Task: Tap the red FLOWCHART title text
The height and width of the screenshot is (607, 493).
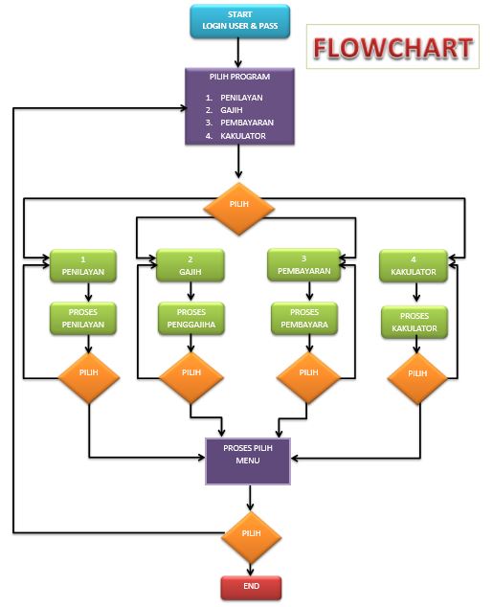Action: [x=392, y=48]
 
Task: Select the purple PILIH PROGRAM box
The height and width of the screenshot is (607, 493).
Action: [x=237, y=106]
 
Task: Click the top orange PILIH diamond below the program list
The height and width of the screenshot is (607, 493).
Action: [x=237, y=207]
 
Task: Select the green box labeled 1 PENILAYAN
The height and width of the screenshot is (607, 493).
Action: [x=83, y=265]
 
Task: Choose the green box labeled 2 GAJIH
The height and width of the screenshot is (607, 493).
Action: [x=190, y=266]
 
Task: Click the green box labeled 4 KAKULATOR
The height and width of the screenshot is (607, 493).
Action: [x=414, y=265]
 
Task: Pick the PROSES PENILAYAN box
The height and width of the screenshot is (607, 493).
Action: [x=83, y=318]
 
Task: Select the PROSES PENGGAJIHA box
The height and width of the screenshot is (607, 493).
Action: [x=190, y=319]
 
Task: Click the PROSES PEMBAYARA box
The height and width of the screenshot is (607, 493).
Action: [x=304, y=318]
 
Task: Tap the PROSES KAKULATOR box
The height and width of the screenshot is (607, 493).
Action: [x=414, y=322]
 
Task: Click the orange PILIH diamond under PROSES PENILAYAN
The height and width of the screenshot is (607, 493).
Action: [x=89, y=373]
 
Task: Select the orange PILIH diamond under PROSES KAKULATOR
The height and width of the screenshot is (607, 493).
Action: [x=417, y=374]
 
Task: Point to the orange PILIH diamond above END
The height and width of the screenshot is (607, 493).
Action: [x=251, y=534]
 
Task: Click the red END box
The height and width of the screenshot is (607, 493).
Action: [x=251, y=586]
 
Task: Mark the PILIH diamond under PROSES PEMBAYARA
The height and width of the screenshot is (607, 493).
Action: [x=308, y=373]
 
